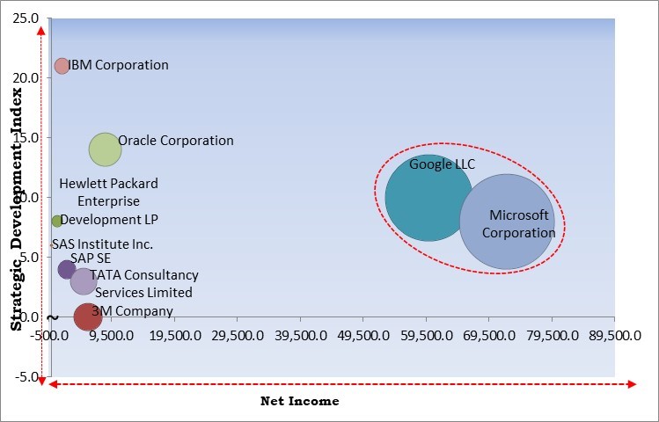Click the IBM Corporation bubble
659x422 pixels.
62,66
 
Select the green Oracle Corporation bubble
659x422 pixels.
105,149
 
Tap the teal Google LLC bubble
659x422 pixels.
428,199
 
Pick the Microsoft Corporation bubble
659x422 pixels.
507,222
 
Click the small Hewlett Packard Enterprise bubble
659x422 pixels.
57,221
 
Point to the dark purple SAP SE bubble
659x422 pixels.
67,270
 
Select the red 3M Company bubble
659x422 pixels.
87,316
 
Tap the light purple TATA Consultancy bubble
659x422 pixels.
83,281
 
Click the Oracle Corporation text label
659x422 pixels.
176,141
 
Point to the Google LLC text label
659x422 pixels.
442,164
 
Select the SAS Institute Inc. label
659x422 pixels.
102,244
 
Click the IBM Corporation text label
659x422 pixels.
119,65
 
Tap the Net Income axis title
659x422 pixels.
299,401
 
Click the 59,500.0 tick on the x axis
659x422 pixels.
426,336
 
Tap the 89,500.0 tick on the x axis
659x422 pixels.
613,336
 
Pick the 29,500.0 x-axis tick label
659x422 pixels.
238,336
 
